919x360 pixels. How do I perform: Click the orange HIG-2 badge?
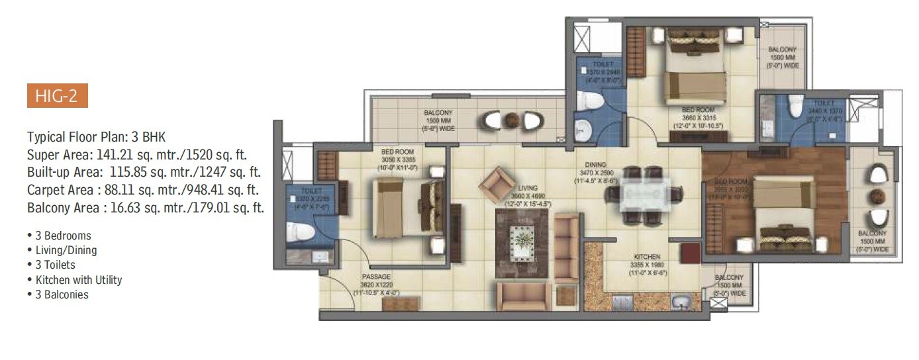(x=57, y=96)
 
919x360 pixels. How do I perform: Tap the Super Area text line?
(x=140, y=155)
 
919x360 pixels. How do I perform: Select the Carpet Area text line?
(x=142, y=191)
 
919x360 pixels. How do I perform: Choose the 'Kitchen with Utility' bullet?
(x=74, y=280)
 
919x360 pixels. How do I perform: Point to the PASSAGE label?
(x=375, y=277)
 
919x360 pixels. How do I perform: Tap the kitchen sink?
(x=681, y=304)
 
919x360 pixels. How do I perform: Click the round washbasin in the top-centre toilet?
(x=583, y=129)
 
